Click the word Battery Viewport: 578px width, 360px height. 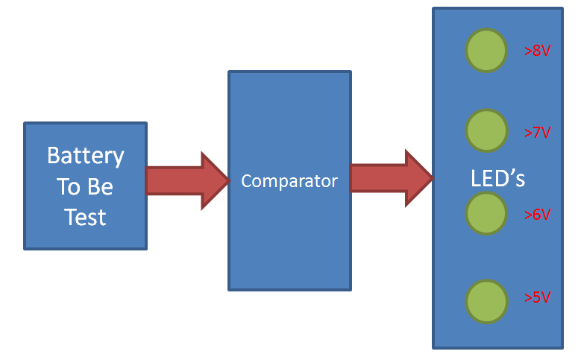pos(85,156)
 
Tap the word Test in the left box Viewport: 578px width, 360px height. pos(85,217)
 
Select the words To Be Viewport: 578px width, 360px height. pos(85,186)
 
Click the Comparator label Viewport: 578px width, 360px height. pos(289,181)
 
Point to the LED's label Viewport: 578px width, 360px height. pos(498,179)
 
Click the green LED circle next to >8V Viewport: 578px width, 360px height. pos(486,51)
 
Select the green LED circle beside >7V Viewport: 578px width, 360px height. pos(486,130)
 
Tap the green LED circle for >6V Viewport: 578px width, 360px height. pos(486,213)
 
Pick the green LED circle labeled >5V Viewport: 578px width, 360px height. pos(486,301)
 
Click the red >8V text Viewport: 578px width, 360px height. pos(537,51)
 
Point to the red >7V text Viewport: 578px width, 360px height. pos(537,133)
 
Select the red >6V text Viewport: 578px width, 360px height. pos(537,215)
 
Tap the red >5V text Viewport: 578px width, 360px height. pos(537,297)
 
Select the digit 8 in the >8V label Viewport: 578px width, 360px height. pos(537,51)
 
